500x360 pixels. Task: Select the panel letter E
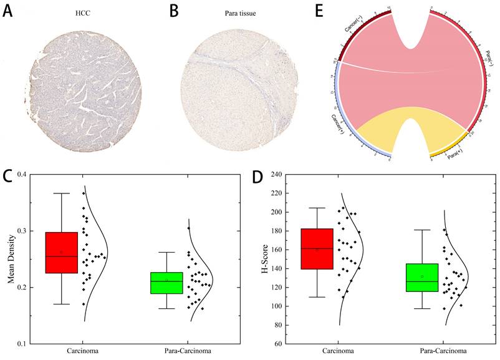[320, 12]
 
